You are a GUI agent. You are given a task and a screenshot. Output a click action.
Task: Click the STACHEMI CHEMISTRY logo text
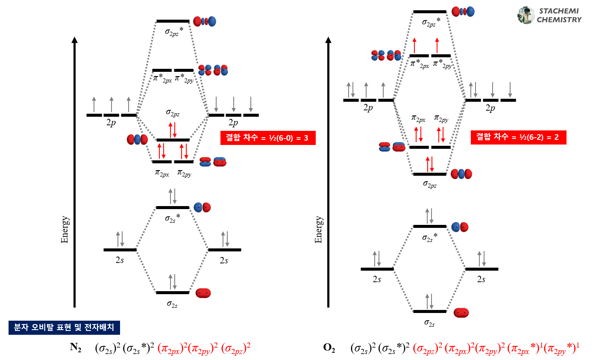(x=559, y=15)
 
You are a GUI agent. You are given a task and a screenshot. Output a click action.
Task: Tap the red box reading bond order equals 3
(x=268, y=138)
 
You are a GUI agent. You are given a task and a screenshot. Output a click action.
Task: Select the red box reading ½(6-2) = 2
(x=518, y=137)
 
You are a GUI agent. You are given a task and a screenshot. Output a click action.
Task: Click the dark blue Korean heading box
(x=64, y=328)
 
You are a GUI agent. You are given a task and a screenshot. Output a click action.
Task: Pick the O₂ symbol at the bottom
(x=329, y=348)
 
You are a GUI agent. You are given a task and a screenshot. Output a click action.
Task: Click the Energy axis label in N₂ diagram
(x=65, y=230)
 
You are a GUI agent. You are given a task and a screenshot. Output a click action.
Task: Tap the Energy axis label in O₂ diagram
(x=318, y=230)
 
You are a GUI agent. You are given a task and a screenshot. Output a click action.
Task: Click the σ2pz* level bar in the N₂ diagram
(x=173, y=21)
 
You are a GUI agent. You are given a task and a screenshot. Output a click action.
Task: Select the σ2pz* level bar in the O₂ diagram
(x=430, y=12)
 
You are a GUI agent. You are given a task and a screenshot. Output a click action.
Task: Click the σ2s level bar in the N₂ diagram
(x=173, y=292)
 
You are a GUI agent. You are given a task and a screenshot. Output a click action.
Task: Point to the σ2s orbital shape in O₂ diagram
(x=461, y=313)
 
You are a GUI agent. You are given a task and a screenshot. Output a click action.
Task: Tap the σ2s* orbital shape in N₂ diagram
(x=202, y=207)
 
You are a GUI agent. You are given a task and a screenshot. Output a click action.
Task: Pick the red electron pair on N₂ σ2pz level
(x=173, y=130)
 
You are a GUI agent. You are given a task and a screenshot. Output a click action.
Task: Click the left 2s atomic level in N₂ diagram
(x=120, y=250)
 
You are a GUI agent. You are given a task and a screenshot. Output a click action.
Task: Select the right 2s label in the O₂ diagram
(x=481, y=279)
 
